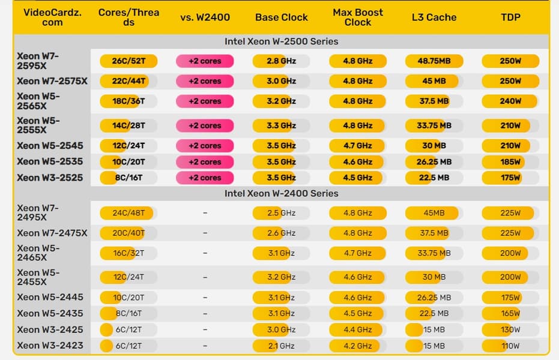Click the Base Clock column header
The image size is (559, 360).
[281, 17]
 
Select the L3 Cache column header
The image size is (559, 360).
[434, 17]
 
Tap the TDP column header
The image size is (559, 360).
[511, 17]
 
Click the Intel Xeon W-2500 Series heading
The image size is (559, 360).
[281, 42]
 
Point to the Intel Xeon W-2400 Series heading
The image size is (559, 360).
[281, 194]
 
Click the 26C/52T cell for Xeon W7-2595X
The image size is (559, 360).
[128, 61]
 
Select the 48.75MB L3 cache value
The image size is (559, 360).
[434, 61]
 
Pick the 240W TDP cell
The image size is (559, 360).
[510, 101]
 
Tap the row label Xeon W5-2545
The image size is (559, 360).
[50, 146]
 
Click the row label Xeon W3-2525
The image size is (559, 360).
[50, 178]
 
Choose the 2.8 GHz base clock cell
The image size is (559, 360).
[281, 61]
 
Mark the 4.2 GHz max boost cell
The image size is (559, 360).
[357, 346]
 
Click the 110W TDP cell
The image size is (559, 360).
[510, 346]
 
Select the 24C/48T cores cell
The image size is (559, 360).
[128, 213]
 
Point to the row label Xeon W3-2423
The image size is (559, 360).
[50, 346]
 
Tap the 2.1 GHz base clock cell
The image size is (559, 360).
[281, 346]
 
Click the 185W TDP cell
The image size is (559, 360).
[510, 162]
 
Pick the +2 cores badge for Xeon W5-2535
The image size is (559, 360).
[205, 162]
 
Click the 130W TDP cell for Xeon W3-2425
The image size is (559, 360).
[510, 329]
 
